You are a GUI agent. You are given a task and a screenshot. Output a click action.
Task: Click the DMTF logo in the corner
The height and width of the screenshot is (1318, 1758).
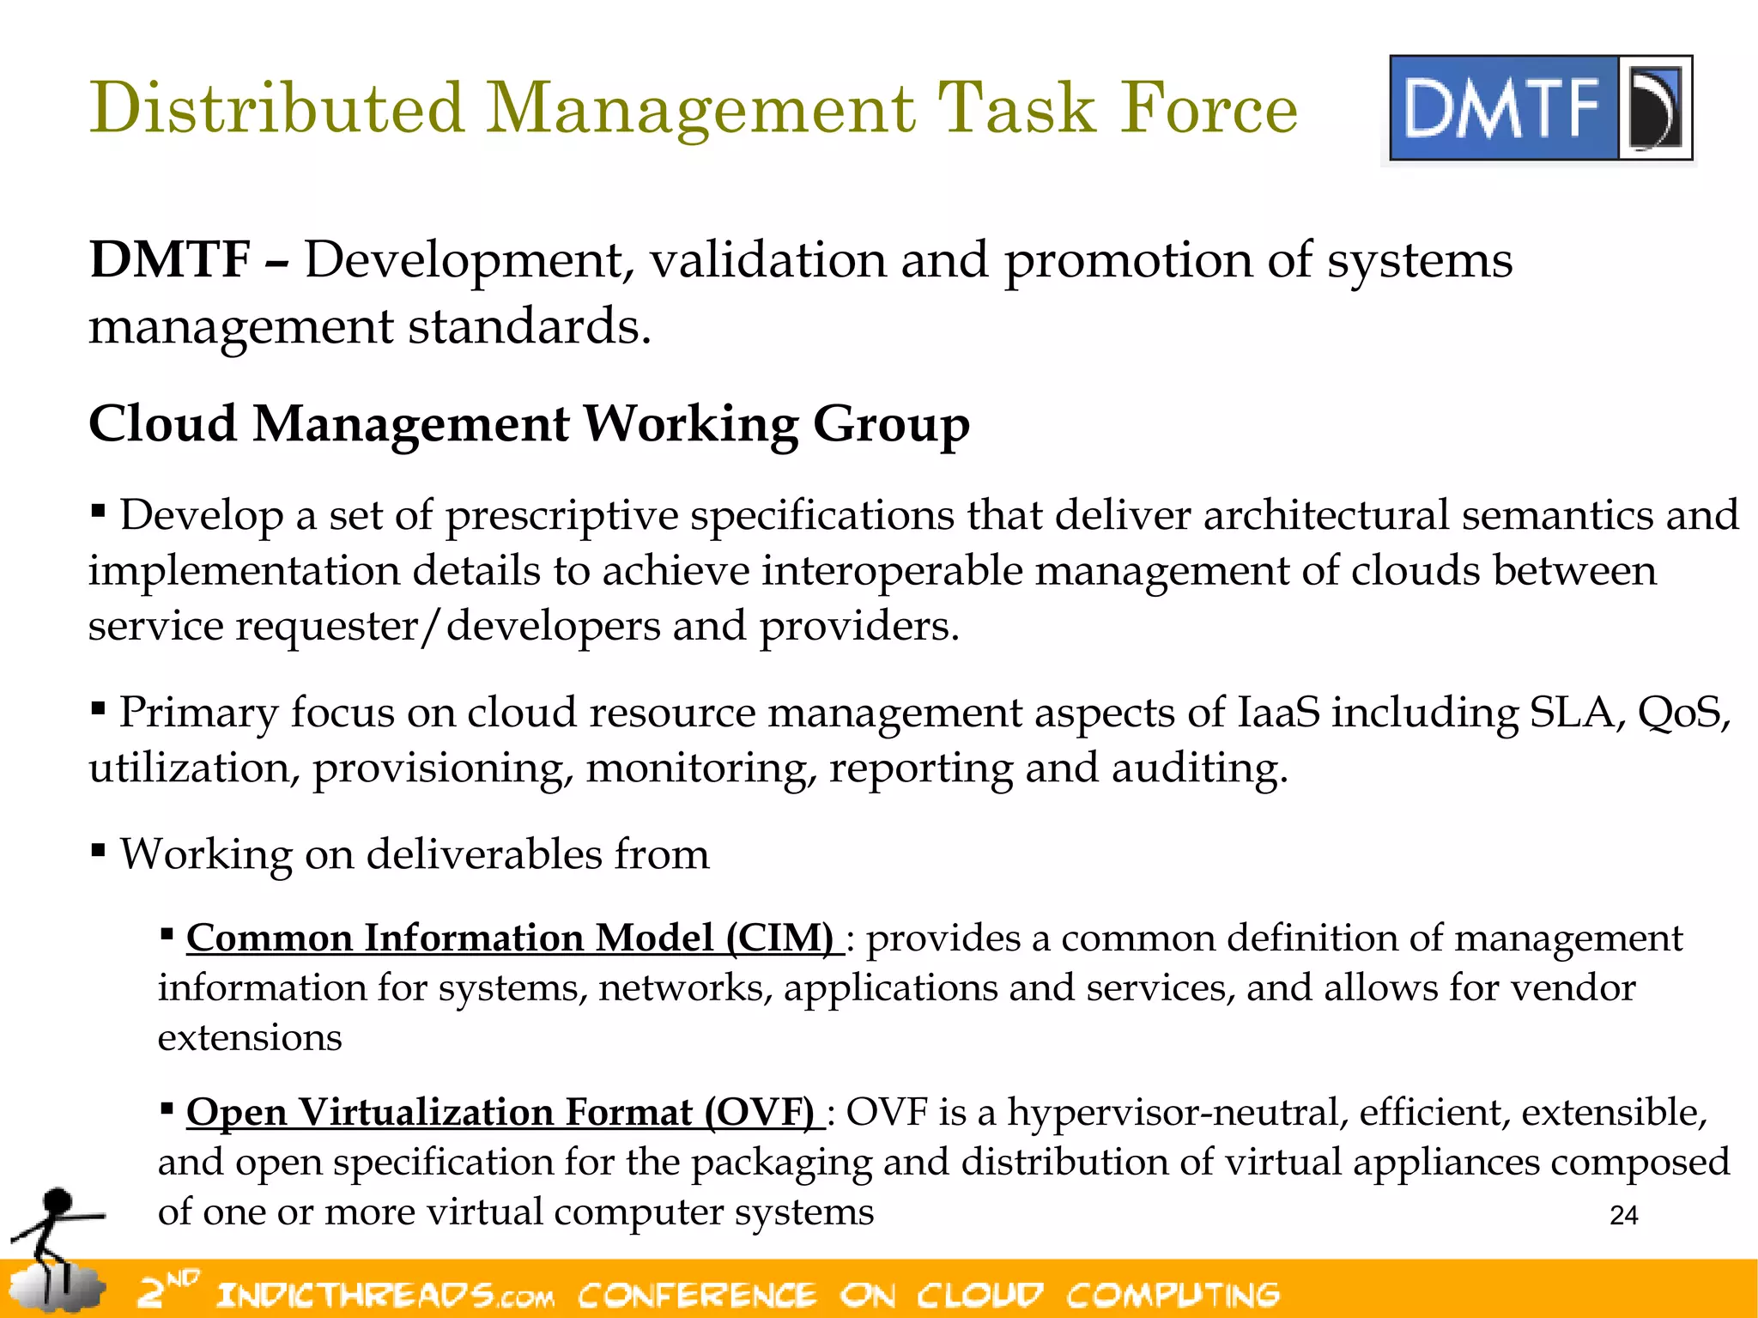[1540, 108]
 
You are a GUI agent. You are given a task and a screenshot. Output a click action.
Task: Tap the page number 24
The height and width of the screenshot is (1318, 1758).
[1623, 1215]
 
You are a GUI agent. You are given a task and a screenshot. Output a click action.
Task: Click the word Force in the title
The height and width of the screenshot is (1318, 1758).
[1209, 108]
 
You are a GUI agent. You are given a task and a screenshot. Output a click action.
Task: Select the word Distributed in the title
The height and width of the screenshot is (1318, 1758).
[276, 108]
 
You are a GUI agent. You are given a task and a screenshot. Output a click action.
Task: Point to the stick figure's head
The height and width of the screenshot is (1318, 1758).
[58, 1200]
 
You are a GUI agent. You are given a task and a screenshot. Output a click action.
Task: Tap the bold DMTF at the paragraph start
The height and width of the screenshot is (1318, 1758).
[170, 259]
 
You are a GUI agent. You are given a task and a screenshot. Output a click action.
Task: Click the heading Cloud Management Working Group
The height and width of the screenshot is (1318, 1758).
[529, 424]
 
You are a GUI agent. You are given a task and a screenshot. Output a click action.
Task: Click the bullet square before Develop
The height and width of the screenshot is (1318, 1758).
[98, 513]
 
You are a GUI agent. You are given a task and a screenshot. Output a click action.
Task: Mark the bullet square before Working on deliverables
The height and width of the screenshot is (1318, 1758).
[98, 851]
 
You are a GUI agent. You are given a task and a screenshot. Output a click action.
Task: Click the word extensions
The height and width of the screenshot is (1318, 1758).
[250, 1037]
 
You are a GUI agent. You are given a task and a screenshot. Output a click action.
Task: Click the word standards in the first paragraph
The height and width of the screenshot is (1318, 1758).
[528, 327]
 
